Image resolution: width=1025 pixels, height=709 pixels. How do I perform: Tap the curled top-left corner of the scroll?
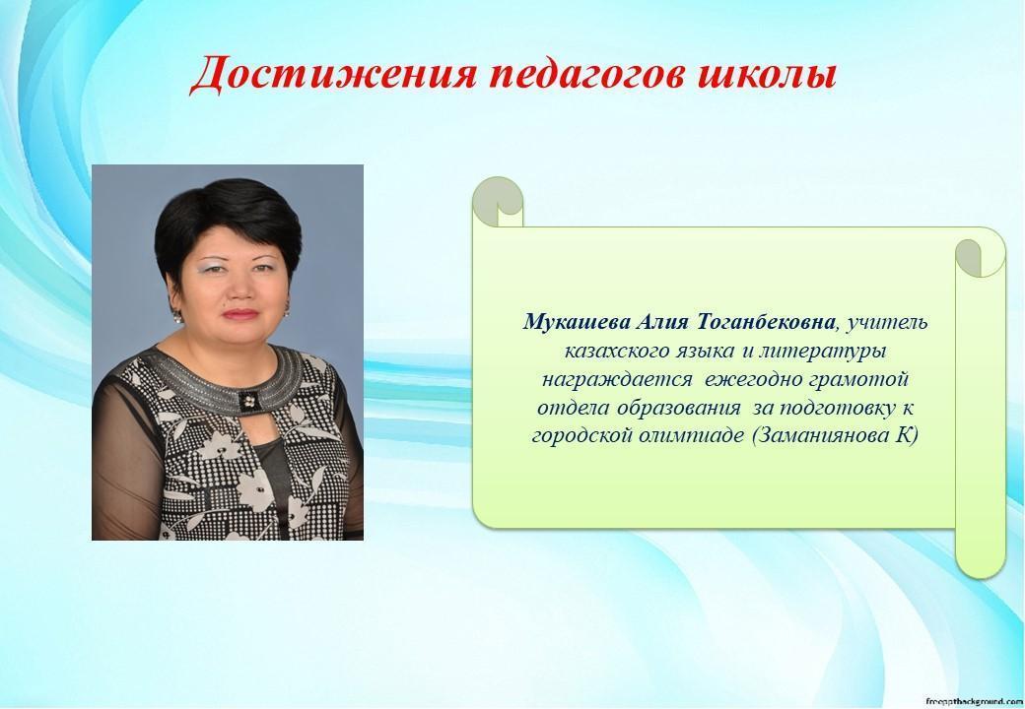click(498, 201)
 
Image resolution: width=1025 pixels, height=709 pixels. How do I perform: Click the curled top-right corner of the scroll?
click(980, 258)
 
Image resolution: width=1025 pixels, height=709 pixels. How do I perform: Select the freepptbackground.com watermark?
click(974, 700)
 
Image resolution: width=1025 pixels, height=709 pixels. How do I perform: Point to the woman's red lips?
click(240, 314)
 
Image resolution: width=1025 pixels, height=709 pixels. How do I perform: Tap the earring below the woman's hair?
click(176, 317)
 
